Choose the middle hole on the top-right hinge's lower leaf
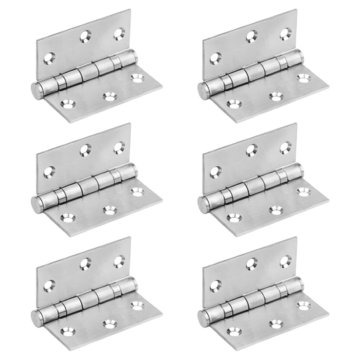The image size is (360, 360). (274, 96)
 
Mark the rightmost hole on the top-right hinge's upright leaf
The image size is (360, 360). (284, 34)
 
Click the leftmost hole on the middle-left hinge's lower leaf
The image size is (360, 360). (66, 218)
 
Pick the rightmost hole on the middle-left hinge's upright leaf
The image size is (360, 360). (118, 147)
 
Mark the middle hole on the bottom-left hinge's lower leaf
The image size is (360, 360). (108, 323)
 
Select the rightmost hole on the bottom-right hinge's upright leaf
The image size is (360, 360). (284, 261)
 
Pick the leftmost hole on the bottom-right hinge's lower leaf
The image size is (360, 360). (232, 331)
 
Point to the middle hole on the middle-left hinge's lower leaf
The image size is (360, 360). (108, 209)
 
